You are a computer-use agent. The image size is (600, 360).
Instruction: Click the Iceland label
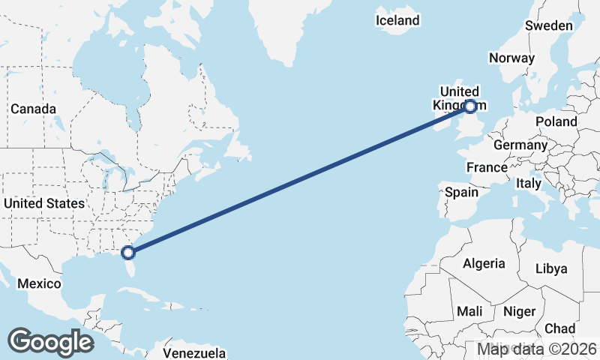(397, 20)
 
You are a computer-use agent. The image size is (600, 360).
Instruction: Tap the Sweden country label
(548, 25)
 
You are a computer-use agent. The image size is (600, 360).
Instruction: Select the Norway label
(511, 58)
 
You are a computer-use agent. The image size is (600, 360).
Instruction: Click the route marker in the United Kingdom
(470, 106)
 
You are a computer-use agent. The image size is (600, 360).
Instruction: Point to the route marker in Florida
(128, 253)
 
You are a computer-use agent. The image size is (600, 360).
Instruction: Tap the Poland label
(556, 121)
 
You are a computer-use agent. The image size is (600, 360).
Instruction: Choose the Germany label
(520, 145)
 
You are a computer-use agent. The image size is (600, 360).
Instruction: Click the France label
(487, 167)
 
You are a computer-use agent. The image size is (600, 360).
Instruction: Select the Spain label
(461, 192)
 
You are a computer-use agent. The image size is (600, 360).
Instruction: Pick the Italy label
(529, 183)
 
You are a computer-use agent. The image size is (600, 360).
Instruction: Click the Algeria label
(484, 264)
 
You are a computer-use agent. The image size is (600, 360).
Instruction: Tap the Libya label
(551, 268)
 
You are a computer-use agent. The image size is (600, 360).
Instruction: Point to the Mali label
(469, 310)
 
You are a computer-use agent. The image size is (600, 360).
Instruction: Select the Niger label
(518, 310)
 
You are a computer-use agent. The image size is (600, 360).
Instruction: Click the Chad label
(559, 328)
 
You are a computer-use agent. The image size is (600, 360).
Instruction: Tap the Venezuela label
(194, 352)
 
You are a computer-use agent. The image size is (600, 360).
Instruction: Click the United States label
(44, 203)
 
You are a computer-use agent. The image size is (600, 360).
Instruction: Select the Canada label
(33, 109)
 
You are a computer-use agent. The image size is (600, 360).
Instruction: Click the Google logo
(50, 341)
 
